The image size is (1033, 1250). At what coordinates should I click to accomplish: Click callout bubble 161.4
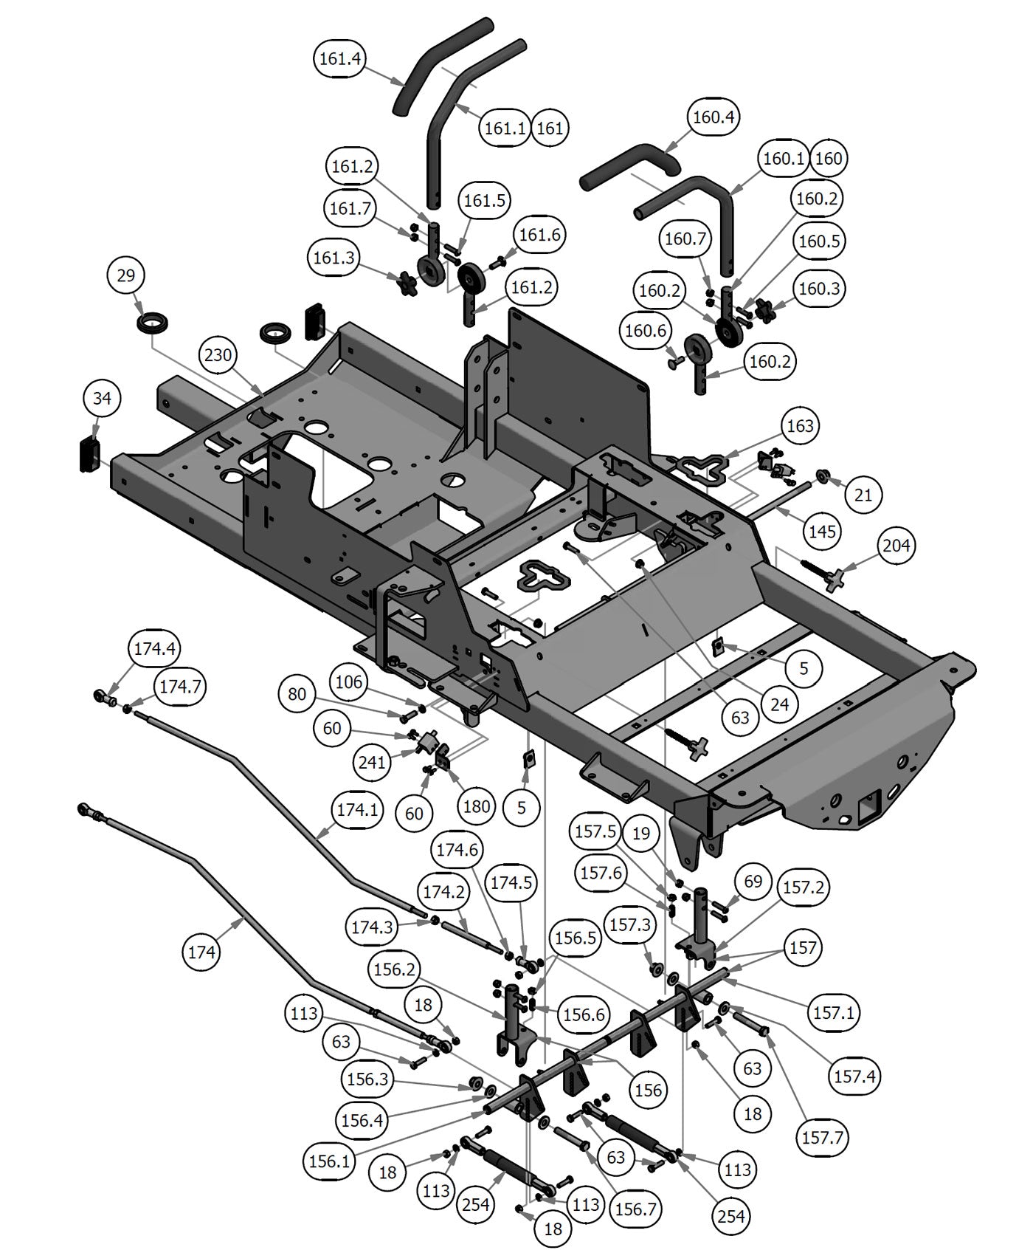point(341,58)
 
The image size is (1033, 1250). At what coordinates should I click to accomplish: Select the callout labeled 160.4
point(714,117)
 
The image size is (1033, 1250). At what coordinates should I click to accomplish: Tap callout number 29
point(126,275)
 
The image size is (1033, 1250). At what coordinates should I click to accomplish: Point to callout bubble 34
point(102,398)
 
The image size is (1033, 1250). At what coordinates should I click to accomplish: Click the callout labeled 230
point(218,355)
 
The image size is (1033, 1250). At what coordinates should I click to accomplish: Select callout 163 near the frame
point(800,425)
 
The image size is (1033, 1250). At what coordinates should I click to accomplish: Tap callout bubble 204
point(896,546)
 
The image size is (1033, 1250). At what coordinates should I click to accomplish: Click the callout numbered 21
point(863,494)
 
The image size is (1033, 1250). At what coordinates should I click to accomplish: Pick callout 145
point(823,531)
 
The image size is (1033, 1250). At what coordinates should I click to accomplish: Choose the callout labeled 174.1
point(357,809)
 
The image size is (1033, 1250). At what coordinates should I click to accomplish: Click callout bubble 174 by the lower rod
point(201,952)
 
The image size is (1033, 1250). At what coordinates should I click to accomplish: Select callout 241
point(371,760)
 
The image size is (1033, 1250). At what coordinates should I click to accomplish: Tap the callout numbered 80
point(297,694)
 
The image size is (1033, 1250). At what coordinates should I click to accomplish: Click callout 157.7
point(822,1137)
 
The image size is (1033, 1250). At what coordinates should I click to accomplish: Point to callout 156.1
point(329,1161)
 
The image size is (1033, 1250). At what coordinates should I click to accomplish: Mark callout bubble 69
point(753,881)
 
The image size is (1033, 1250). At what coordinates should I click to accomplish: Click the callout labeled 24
point(780,704)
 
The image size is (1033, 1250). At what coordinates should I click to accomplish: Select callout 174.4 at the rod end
point(154,648)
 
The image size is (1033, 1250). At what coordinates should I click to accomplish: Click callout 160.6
point(646,331)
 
